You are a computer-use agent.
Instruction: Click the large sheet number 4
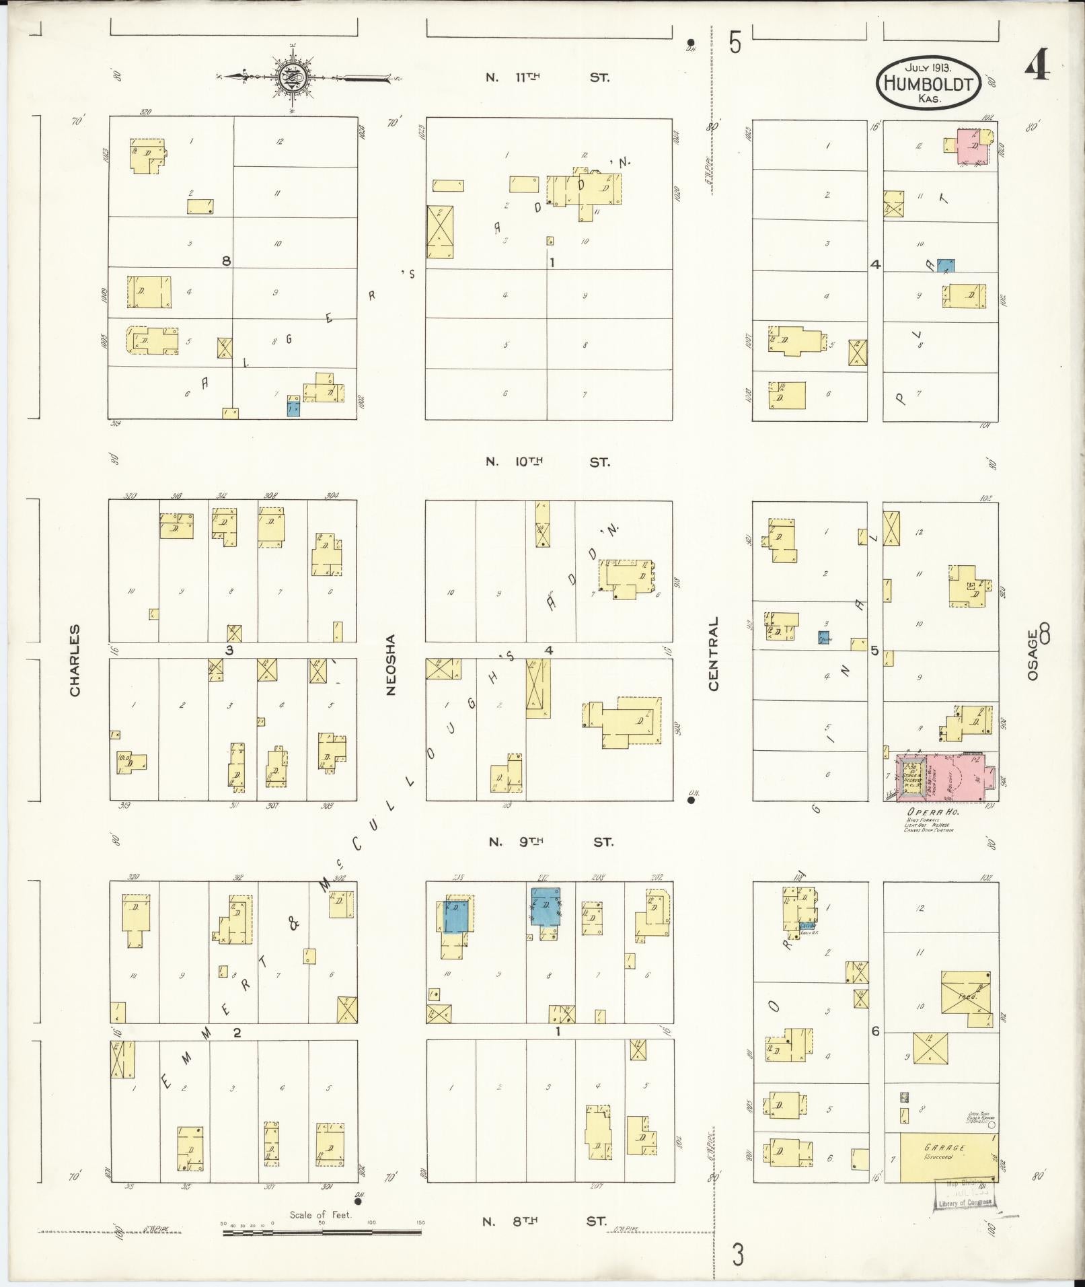[x=1037, y=65]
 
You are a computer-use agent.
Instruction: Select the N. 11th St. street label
[x=548, y=77]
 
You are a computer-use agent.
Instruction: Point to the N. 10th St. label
[x=548, y=462]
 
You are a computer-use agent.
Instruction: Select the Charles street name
[x=75, y=660]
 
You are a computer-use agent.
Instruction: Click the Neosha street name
[x=391, y=664]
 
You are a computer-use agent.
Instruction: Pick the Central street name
[x=713, y=653]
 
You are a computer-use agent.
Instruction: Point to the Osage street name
[x=1034, y=655]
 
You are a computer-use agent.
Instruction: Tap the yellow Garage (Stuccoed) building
[x=948, y=1157]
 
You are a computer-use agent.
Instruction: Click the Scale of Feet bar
[x=322, y=1233]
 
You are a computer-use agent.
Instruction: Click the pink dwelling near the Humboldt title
[x=973, y=146]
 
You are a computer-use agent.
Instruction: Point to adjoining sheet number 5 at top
[x=735, y=44]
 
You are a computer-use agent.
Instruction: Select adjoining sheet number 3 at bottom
[x=738, y=1255]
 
